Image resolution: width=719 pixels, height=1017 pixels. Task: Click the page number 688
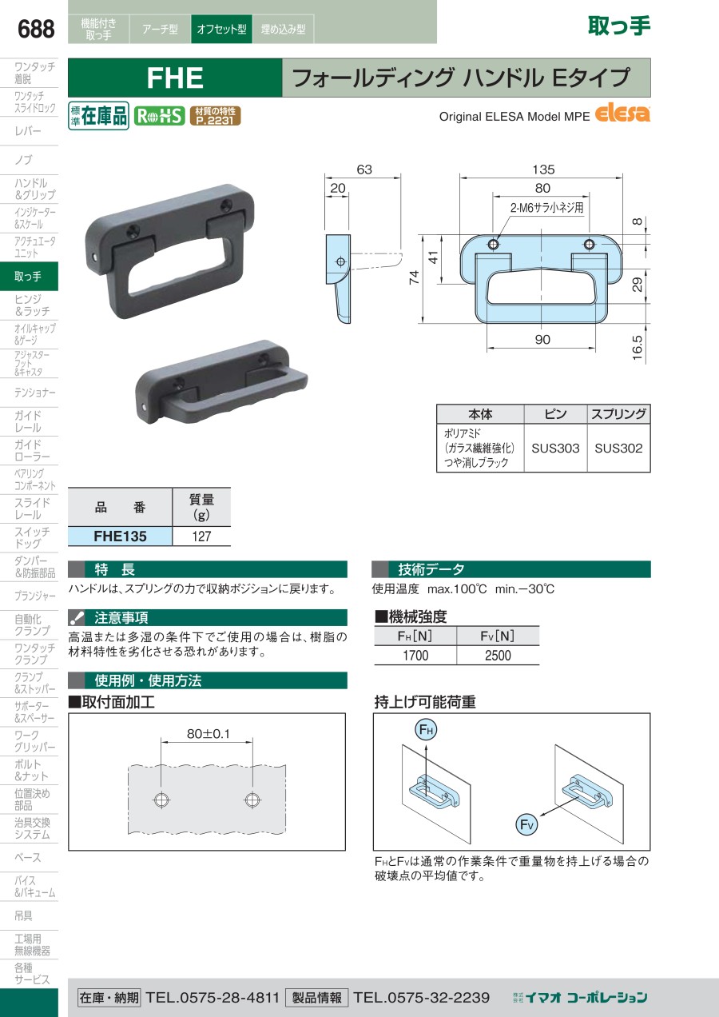(x=36, y=29)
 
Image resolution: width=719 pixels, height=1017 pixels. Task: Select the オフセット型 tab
(x=221, y=29)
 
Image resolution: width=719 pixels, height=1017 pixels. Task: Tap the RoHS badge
(x=159, y=116)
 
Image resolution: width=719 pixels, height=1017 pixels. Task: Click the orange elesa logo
(x=622, y=113)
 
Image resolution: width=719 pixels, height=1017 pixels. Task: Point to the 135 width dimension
(x=543, y=169)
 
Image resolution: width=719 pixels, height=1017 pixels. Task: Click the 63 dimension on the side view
(x=364, y=169)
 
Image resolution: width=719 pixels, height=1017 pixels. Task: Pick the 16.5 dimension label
(x=638, y=348)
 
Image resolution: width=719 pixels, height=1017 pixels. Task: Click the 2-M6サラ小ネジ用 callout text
(x=546, y=208)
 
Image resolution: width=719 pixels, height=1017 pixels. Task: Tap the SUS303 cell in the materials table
(x=555, y=448)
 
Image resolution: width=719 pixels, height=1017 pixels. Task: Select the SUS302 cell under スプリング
(x=618, y=448)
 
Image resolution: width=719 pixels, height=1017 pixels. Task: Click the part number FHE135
(x=120, y=536)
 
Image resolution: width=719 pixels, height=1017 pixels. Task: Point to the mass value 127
(x=201, y=536)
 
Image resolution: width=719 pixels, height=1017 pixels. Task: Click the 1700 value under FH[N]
(x=415, y=656)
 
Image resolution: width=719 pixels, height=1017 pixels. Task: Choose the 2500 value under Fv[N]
(x=498, y=656)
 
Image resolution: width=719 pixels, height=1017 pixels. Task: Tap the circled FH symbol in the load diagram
(x=426, y=730)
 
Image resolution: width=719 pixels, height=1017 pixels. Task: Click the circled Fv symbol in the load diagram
(x=526, y=825)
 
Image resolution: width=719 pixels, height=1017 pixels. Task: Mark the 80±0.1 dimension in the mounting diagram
(x=209, y=734)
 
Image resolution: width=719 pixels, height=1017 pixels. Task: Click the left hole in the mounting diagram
(x=161, y=800)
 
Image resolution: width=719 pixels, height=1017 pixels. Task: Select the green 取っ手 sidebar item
(x=29, y=276)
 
